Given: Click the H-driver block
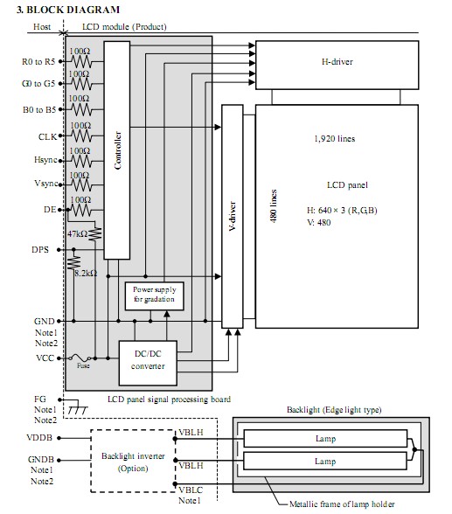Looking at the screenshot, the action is click(x=337, y=65).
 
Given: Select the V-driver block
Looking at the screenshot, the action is click(x=233, y=217).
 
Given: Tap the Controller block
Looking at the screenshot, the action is click(x=117, y=150).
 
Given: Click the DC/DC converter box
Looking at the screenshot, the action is click(x=148, y=363).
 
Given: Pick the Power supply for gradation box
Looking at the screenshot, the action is click(x=154, y=296).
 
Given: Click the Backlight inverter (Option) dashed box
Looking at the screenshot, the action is click(x=133, y=461).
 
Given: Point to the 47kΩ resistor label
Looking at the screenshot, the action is click(x=77, y=234).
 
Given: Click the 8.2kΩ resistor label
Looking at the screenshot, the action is click(x=86, y=273).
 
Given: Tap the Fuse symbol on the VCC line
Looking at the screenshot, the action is click(x=80, y=358).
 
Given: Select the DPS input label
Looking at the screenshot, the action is click(x=40, y=250).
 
